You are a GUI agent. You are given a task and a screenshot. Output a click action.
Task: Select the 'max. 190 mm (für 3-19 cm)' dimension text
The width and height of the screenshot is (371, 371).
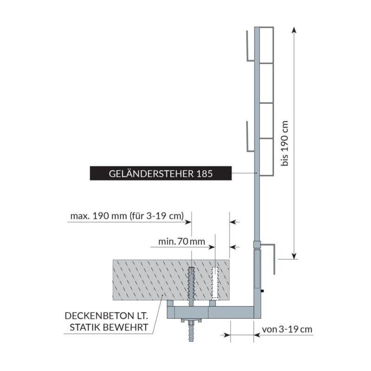[127, 216]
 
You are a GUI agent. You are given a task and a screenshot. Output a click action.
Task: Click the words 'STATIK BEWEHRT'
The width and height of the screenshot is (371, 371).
[109, 328]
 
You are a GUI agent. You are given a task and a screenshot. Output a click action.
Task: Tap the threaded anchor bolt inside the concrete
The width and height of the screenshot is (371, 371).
[192, 283]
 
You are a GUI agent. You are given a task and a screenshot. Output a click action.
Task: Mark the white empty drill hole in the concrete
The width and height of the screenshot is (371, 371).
[214, 283]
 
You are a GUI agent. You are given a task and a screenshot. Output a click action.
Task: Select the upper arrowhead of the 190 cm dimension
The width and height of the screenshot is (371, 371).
[293, 30]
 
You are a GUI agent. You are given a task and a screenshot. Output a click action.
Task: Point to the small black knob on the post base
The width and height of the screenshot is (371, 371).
[262, 291]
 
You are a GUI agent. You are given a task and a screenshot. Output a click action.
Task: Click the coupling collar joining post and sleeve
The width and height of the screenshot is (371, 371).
[257, 244]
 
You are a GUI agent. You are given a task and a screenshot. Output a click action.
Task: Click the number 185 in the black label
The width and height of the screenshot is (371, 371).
[204, 174]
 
